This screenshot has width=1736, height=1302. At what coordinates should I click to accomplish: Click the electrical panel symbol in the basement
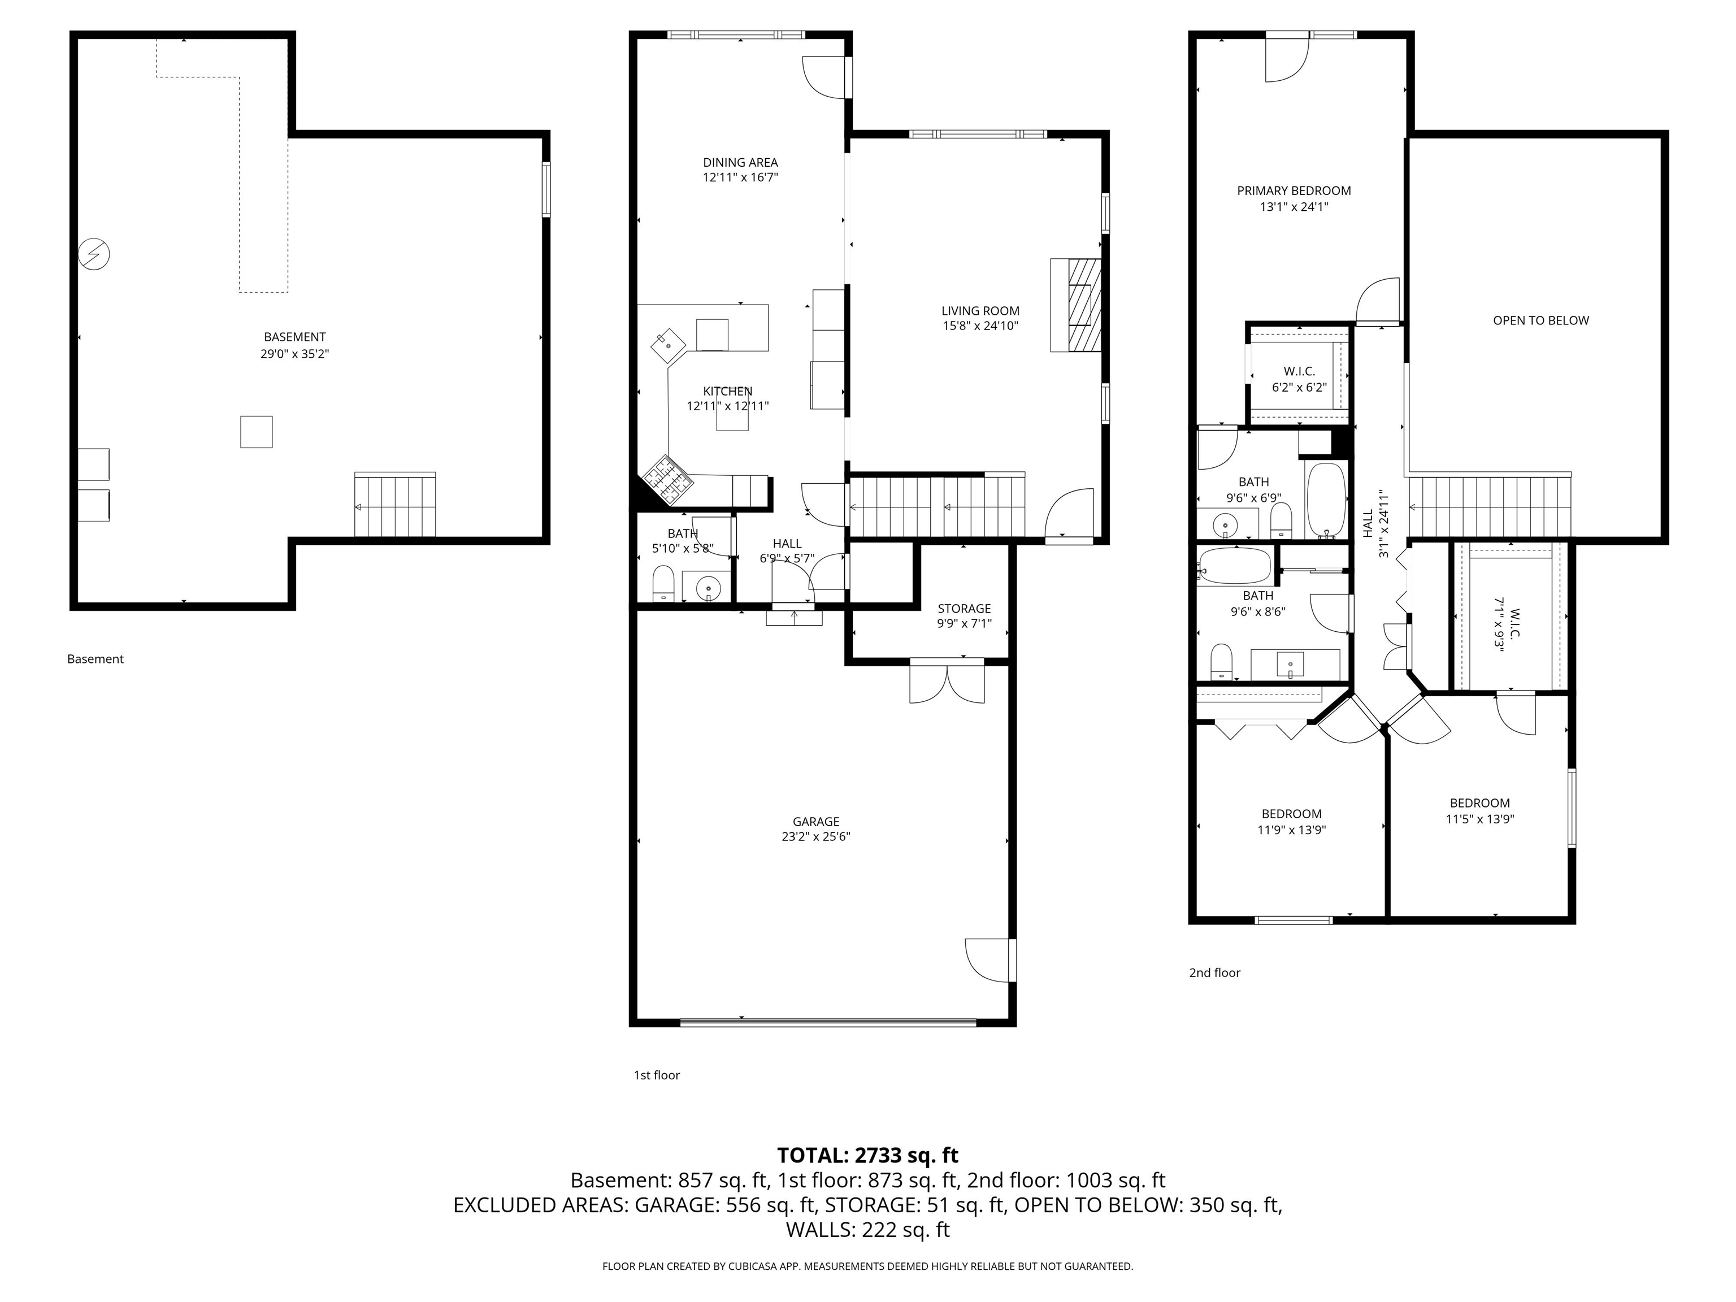94,254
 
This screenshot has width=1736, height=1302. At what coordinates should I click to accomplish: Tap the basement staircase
395,505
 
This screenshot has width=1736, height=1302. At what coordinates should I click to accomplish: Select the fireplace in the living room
1076,305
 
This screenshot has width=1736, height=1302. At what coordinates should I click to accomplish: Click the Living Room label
980,311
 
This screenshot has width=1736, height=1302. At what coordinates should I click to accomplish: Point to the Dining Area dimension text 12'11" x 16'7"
740,177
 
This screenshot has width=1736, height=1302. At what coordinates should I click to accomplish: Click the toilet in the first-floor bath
664,583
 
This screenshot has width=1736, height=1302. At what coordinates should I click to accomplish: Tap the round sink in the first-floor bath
709,586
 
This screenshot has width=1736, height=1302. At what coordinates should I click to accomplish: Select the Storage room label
964,608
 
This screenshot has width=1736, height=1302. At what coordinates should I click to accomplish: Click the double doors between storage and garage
947,681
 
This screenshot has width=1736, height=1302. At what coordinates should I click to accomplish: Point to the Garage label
816,822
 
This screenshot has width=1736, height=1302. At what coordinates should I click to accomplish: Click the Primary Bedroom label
1294,190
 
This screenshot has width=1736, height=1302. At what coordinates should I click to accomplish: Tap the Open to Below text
1540,320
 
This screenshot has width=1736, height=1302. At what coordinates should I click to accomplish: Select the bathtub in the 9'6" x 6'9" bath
1326,499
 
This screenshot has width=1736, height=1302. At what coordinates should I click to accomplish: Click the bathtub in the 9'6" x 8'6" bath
1235,565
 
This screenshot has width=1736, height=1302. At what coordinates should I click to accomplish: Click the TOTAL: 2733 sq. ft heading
867,1155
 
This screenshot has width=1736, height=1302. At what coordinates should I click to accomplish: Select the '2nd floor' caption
1214,973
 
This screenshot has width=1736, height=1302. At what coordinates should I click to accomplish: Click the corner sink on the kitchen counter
668,345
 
